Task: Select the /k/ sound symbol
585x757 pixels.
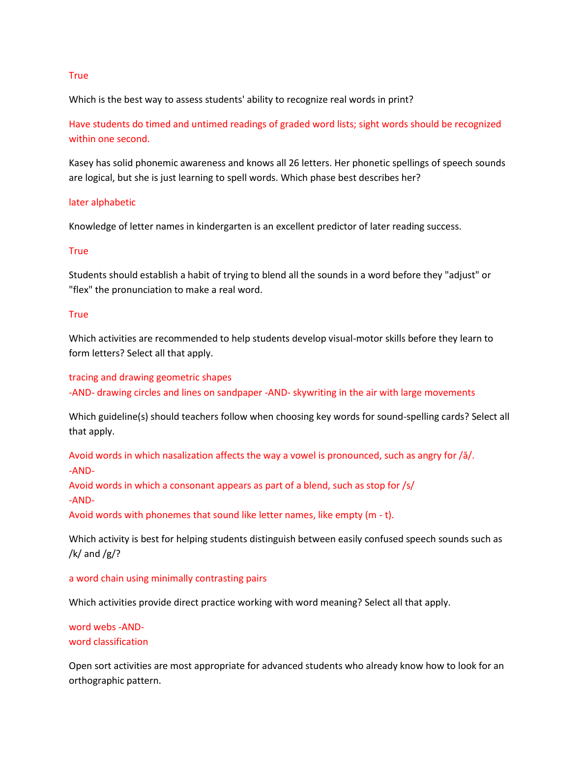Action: click(x=75, y=554)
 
